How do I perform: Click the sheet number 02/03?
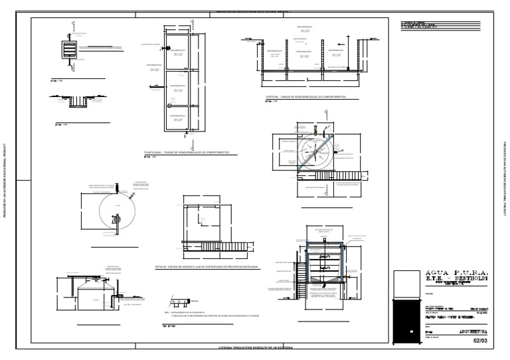click(x=479, y=341)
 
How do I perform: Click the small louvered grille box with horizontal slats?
click(x=70, y=50)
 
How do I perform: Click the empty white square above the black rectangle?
click(x=406, y=284)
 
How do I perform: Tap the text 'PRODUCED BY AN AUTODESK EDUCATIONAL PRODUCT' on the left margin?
click(x=5, y=180)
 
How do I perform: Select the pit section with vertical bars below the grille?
click(x=80, y=102)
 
